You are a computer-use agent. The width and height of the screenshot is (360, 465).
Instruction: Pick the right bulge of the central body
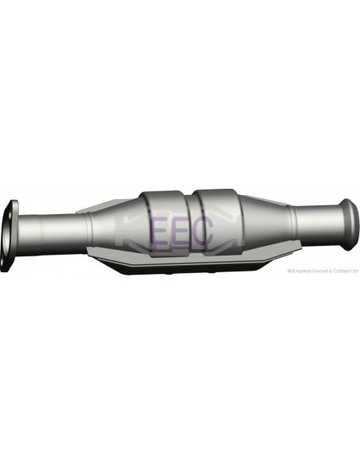tap(217, 209)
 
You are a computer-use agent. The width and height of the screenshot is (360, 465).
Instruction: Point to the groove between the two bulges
tap(192, 209)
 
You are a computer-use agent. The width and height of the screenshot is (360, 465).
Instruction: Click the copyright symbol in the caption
tap(289, 271)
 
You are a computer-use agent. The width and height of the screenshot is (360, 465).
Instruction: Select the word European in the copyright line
tap(300, 271)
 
